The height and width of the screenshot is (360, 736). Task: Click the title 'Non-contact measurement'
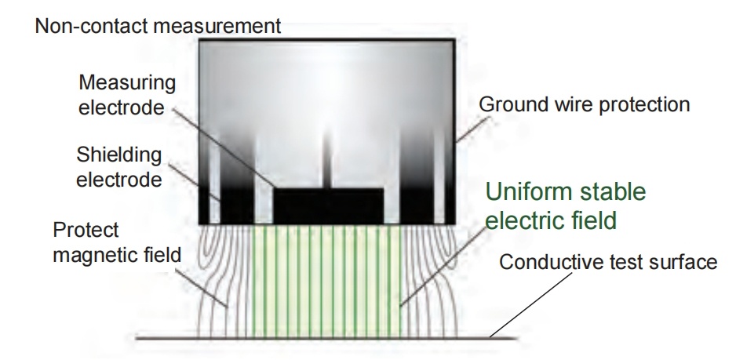(x=158, y=26)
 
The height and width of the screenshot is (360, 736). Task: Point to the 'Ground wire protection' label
(x=584, y=104)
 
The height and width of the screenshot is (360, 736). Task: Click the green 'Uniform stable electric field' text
(x=565, y=205)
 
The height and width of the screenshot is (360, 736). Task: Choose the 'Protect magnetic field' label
(x=116, y=242)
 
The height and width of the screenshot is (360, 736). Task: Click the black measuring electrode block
(x=328, y=205)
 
